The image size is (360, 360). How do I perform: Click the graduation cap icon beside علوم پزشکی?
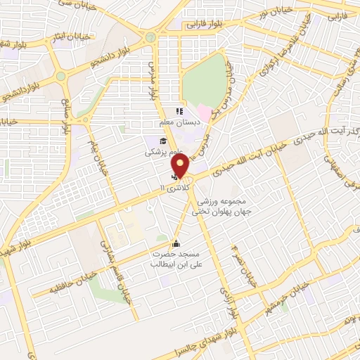tap(152, 141)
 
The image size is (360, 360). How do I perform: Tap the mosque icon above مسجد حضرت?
tap(175, 244)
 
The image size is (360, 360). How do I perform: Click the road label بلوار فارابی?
tap(203, 24)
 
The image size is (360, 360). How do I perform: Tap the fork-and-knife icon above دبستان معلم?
tap(179, 110)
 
